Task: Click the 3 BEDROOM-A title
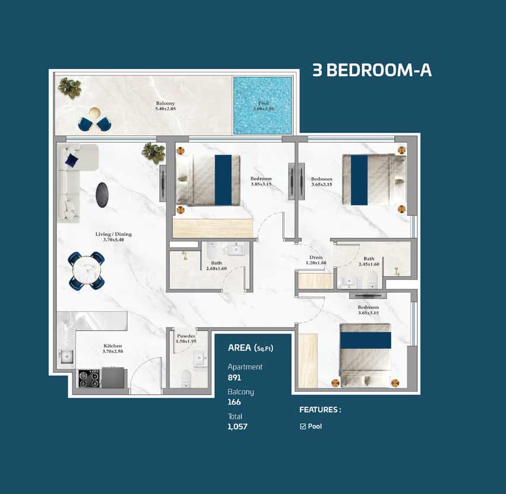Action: coord(372,70)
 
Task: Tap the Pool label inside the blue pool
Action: coord(263,106)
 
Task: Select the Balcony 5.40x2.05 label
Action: coord(166,106)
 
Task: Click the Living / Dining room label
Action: coord(113,237)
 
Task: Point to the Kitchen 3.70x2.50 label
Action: coord(113,348)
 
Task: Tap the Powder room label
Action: coord(186,339)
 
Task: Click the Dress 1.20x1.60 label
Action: coord(316,260)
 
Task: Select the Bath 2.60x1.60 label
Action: coord(217,266)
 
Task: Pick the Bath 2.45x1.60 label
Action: coord(369,262)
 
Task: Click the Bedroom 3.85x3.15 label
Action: coord(261,181)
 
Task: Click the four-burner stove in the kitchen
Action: coord(89,379)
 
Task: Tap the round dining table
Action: coord(87,270)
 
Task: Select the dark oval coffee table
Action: coord(102,195)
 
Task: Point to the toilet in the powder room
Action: coord(186,378)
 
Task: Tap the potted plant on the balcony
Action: coord(69,87)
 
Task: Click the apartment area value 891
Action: coord(234,377)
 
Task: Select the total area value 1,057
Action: coord(238,426)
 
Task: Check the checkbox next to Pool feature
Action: coord(303,426)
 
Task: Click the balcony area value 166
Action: coord(234,402)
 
